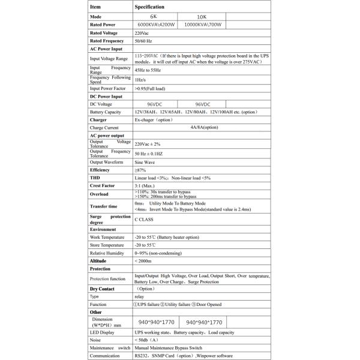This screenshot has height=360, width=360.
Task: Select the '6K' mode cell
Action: coord(157,16)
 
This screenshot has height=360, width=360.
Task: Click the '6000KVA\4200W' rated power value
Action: coord(157,25)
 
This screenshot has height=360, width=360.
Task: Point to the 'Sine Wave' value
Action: coord(146,162)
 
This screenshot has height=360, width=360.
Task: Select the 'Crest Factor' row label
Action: coord(102,186)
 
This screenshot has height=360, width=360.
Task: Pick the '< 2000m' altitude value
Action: coord(145,262)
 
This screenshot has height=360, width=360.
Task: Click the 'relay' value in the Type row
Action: coord(139,296)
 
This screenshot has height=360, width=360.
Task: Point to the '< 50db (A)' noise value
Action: coord(148,339)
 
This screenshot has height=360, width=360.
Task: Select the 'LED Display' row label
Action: coord(103,331)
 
